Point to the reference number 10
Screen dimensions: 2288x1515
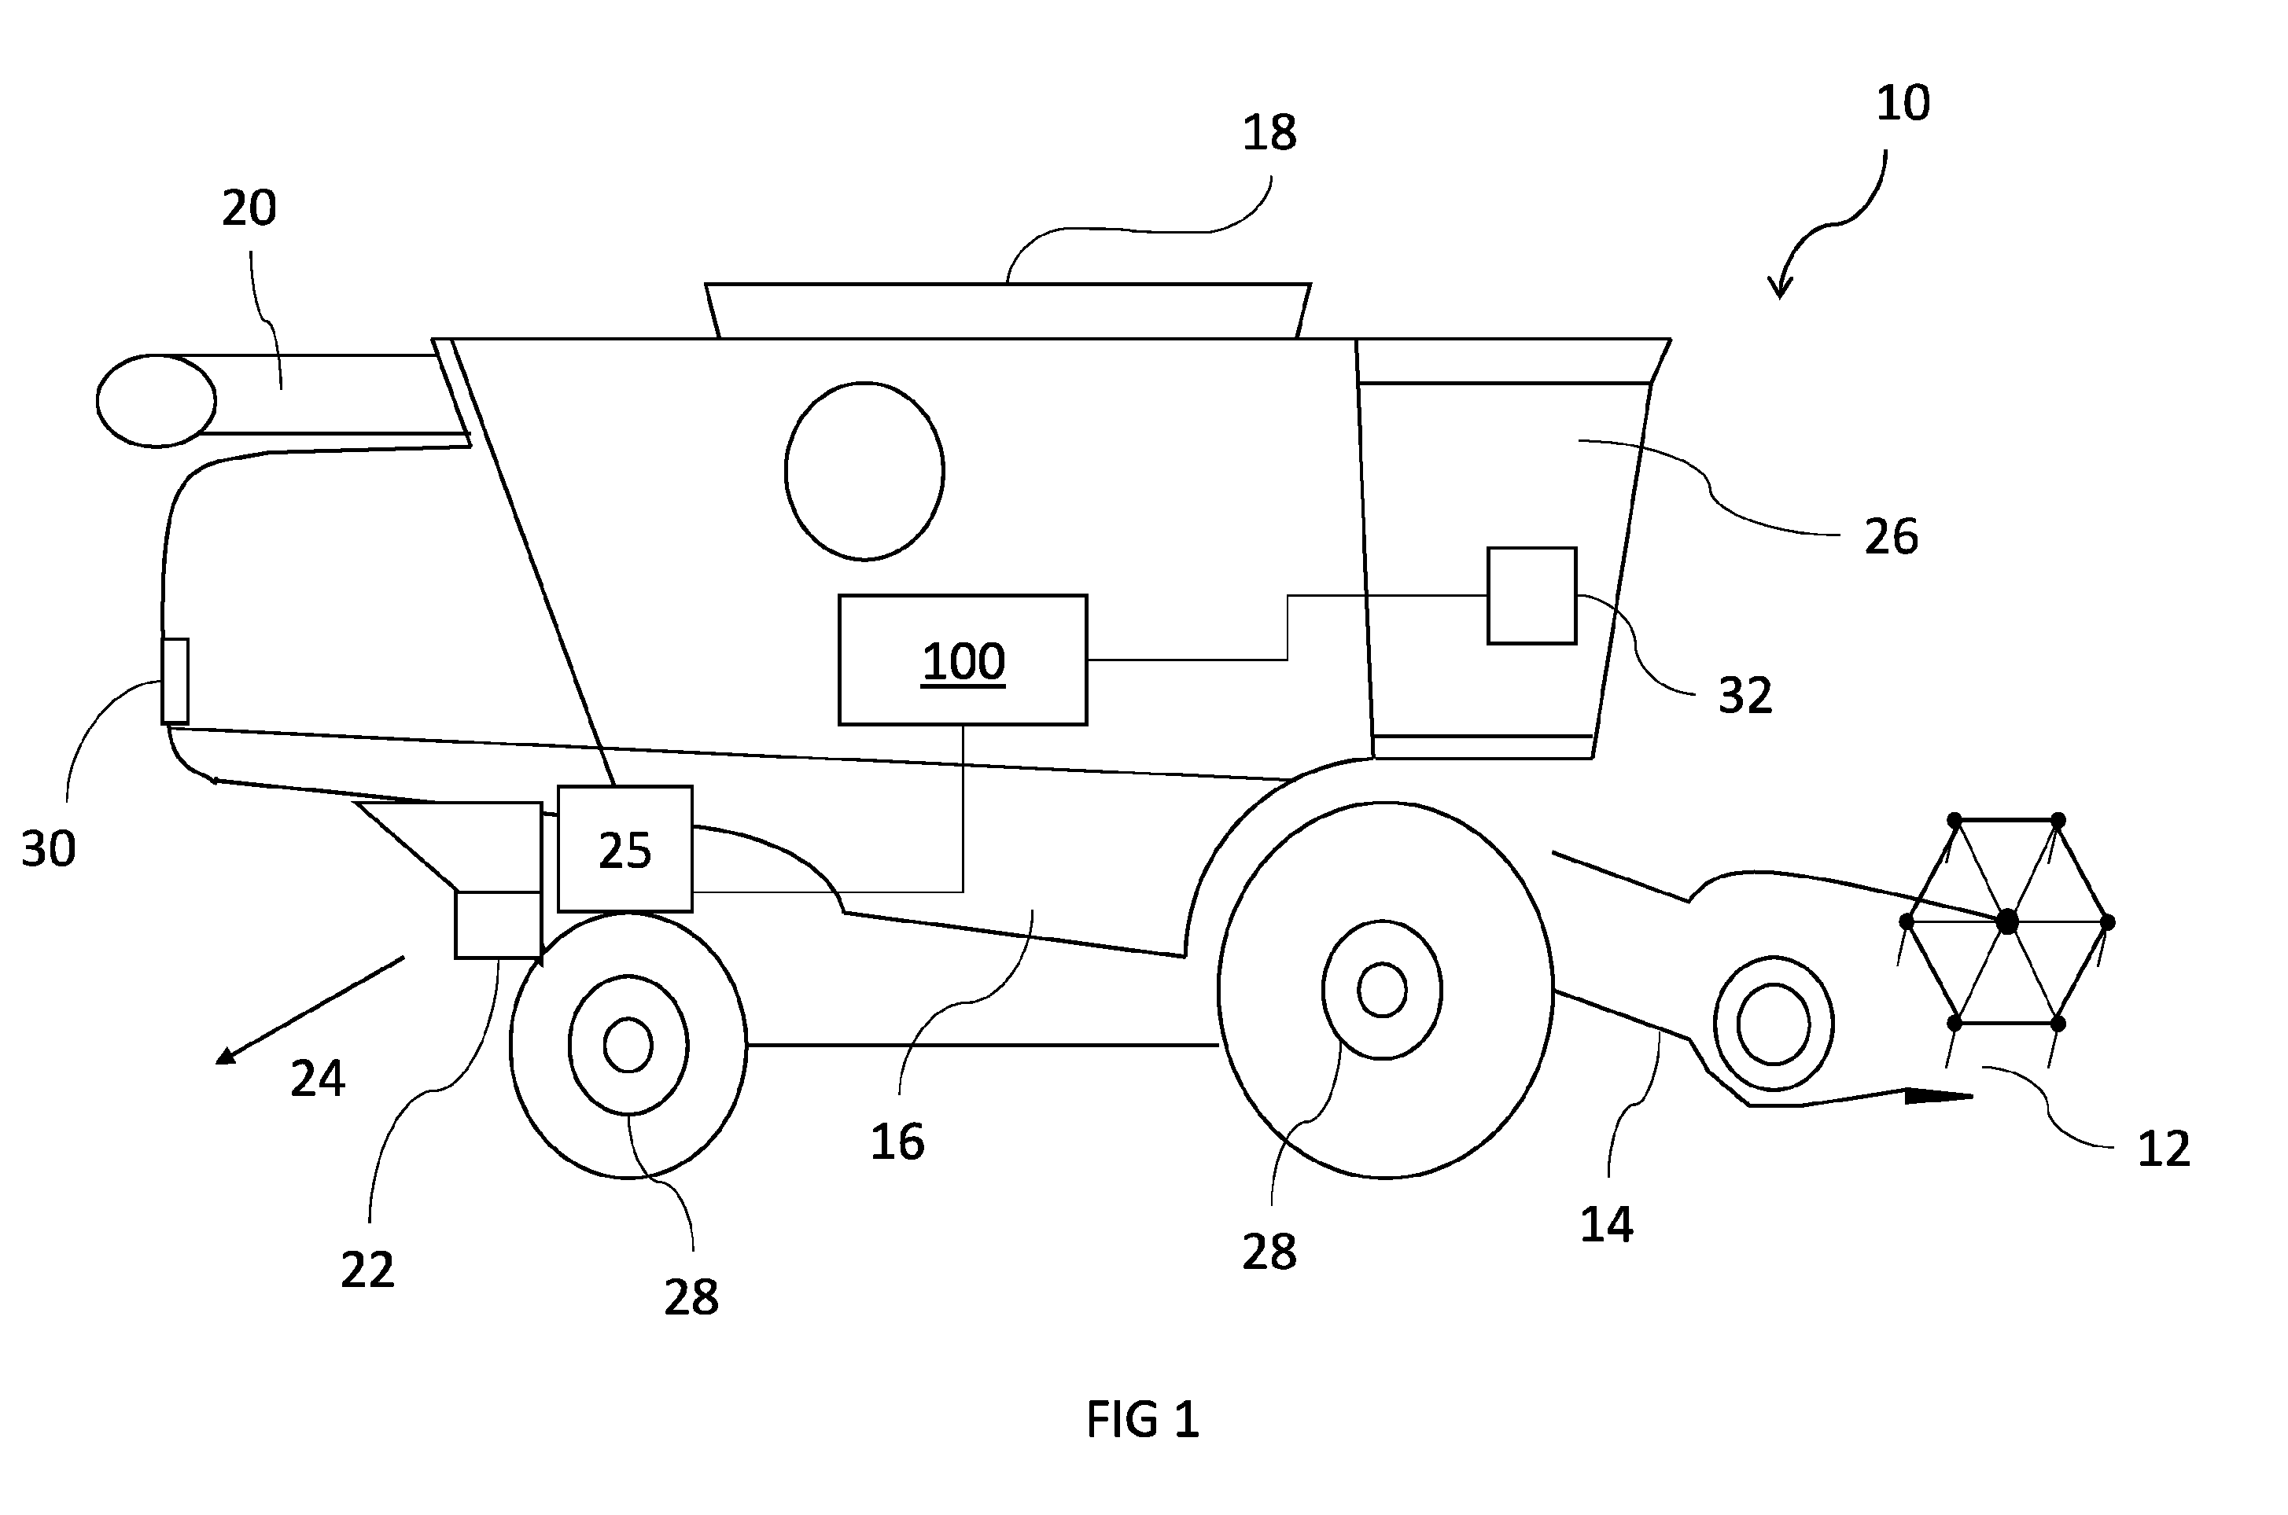click(1903, 103)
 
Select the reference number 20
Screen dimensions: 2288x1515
click(249, 208)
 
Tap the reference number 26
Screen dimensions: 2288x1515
click(1891, 536)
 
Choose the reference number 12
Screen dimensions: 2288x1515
click(2163, 1149)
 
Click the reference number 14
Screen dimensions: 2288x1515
click(1607, 1224)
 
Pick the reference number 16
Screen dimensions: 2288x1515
click(897, 1142)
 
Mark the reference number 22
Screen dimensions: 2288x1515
click(367, 1270)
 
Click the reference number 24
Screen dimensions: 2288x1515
click(317, 1079)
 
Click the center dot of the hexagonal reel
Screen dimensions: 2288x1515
click(2008, 921)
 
